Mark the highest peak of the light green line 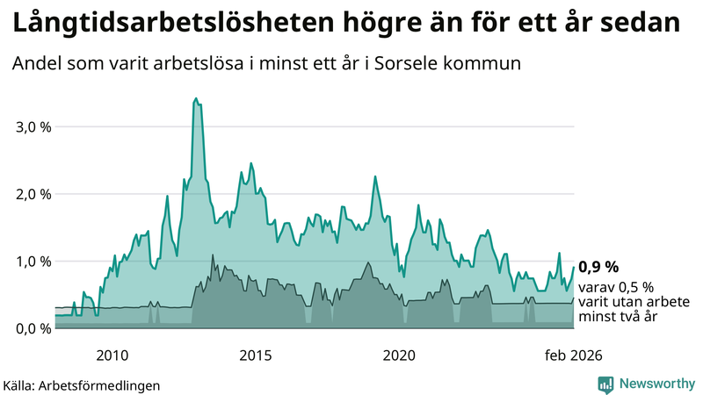[195, 98]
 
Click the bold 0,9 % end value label [598, 267]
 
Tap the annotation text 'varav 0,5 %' [617, 287]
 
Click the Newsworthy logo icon [605, 384]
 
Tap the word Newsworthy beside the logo [656, 384]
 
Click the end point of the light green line [574, 268]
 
